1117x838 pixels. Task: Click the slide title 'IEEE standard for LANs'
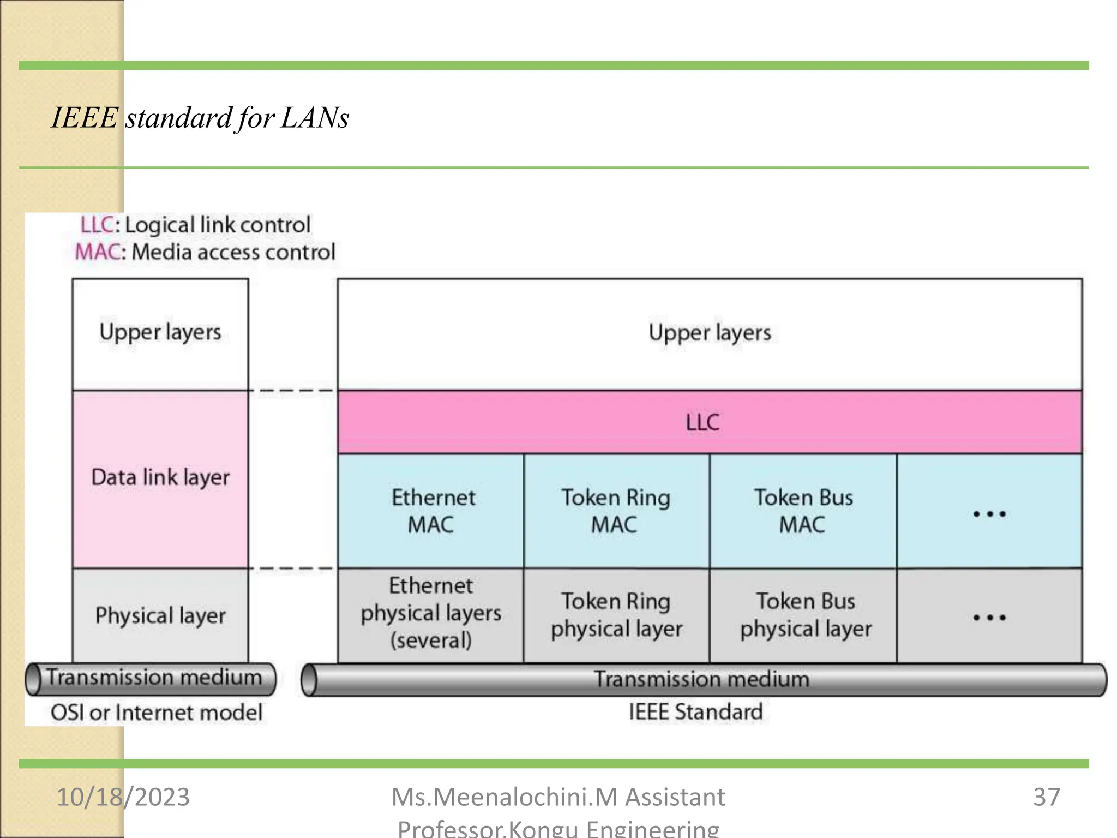tap(200, 117)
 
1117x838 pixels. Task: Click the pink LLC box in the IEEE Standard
tap(709, 422)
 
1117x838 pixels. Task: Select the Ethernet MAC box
tap(431, 511)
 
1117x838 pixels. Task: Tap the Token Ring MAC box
tap(616, 511)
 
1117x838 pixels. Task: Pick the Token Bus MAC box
tap(803, 511)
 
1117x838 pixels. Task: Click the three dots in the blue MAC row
tap(989, 513)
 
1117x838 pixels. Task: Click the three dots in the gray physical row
tap(989, 618)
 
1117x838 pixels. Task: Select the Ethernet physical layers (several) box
tap(431, 613)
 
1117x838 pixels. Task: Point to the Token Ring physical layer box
tap(616, 615)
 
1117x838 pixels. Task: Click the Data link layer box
tap(160, 478)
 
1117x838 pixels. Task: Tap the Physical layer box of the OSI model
tap(160, 615)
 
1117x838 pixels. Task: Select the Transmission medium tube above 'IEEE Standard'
tap(704, 680)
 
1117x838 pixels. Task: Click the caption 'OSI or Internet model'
tap(157, 713)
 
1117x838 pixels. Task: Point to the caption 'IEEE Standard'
tap(695, 712)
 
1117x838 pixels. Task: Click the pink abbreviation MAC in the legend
tap(97, 252)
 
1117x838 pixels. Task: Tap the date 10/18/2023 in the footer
tap(123, 797)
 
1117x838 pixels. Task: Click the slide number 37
tap(1046, 797)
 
